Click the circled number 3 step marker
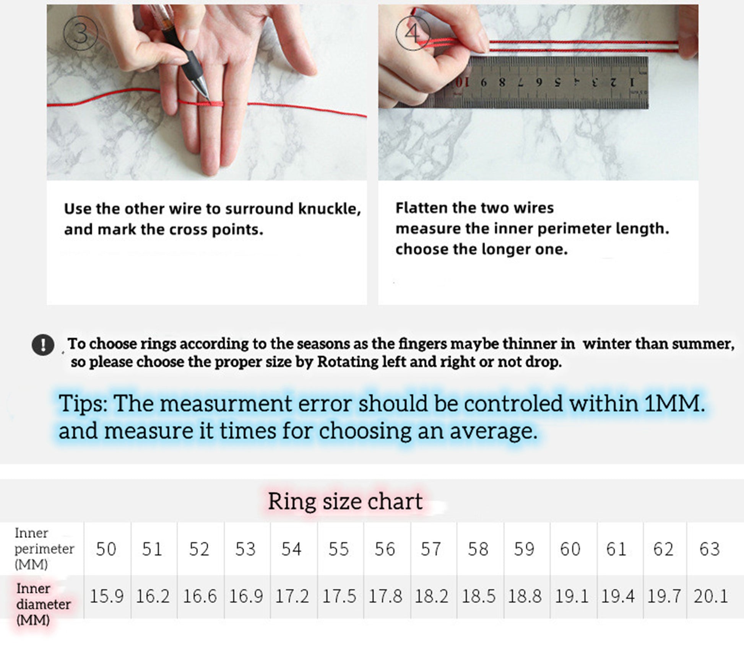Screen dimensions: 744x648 point(80,34)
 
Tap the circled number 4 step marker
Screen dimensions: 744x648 point(413,33)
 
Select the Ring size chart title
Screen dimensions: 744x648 point(345,501)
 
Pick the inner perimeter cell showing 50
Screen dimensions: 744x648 point(106,549)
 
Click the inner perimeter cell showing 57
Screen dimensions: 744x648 point(431,549)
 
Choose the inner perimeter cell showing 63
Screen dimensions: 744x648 point(710,549)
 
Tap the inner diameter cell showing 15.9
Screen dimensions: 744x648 point(107,596)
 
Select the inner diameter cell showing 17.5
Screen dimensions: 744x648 point(339,596)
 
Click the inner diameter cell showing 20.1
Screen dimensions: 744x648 point(710,596)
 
